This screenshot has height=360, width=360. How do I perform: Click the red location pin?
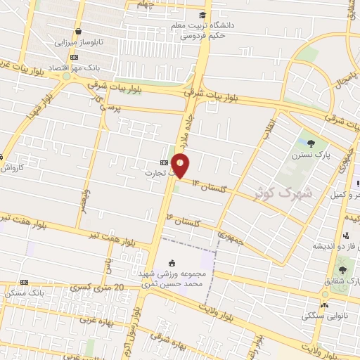181,166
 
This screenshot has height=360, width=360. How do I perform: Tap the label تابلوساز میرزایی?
79,42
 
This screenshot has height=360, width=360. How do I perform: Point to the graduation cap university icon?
202,15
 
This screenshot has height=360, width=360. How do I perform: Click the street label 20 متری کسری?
98,287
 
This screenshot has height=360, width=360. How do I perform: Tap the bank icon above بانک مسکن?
25,281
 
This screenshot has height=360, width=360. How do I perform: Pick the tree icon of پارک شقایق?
342,270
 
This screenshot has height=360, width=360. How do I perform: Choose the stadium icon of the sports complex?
173,262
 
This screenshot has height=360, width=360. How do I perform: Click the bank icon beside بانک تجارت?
164,161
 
